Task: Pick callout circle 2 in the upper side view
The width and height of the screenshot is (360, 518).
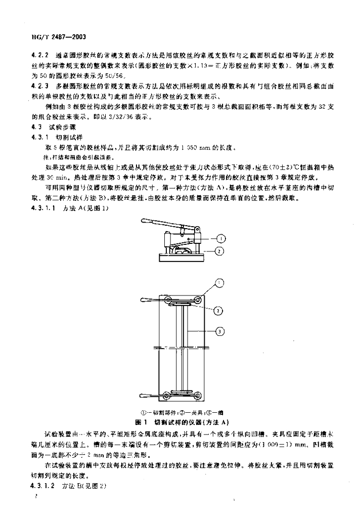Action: pyautogui.click(x=220, y=250)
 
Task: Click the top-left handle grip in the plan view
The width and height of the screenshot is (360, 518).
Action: pyautogui.click(x=146, y=301)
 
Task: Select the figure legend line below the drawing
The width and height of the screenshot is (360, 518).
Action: pyautogui.click(x=179, y=412)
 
